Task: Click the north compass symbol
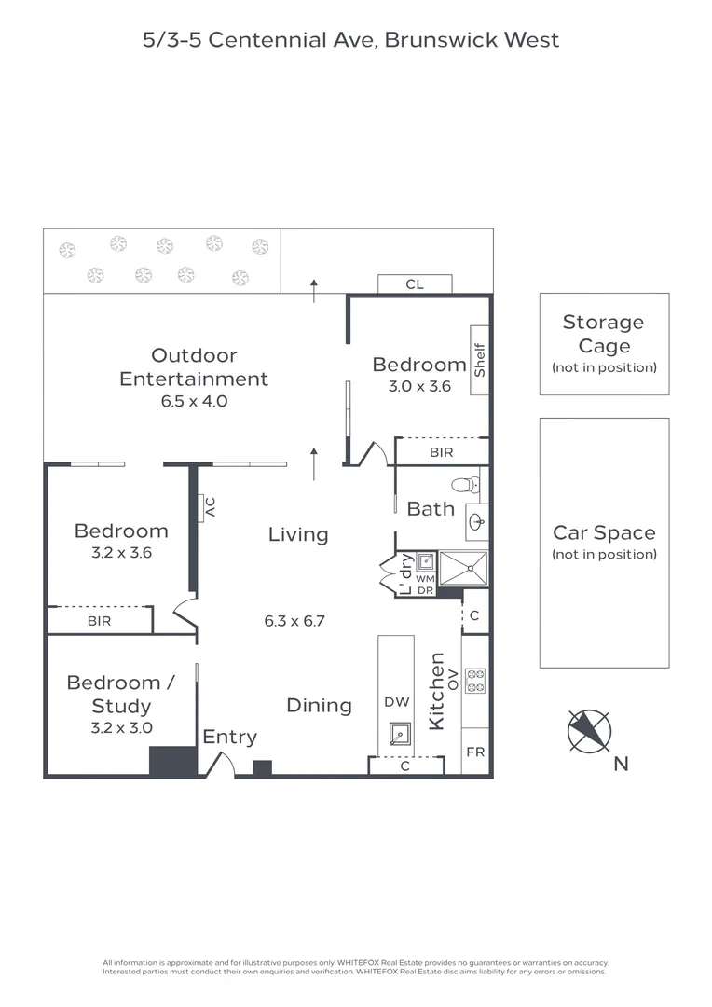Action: coord(589,732)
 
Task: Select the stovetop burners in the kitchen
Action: coord(475,681)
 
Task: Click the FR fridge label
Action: coord(475,752)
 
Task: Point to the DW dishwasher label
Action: coord(397,702)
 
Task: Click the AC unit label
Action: coord(210,507)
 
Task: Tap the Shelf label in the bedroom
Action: coord(480,360)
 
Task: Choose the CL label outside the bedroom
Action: coord(415,283)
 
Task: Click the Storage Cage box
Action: coord(604,344)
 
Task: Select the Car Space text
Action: coord(604,532)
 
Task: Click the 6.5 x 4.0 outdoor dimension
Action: coord(194,401)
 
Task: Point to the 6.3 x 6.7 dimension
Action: coord(294,621)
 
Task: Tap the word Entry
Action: coord(230,738)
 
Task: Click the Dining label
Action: coord(319,706)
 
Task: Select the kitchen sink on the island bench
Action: coord(401,734)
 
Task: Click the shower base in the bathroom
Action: coord(463,569)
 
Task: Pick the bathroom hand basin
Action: coord(477,521)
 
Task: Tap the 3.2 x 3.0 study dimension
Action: coord(121,727)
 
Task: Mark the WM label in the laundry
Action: coord(425,579)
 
